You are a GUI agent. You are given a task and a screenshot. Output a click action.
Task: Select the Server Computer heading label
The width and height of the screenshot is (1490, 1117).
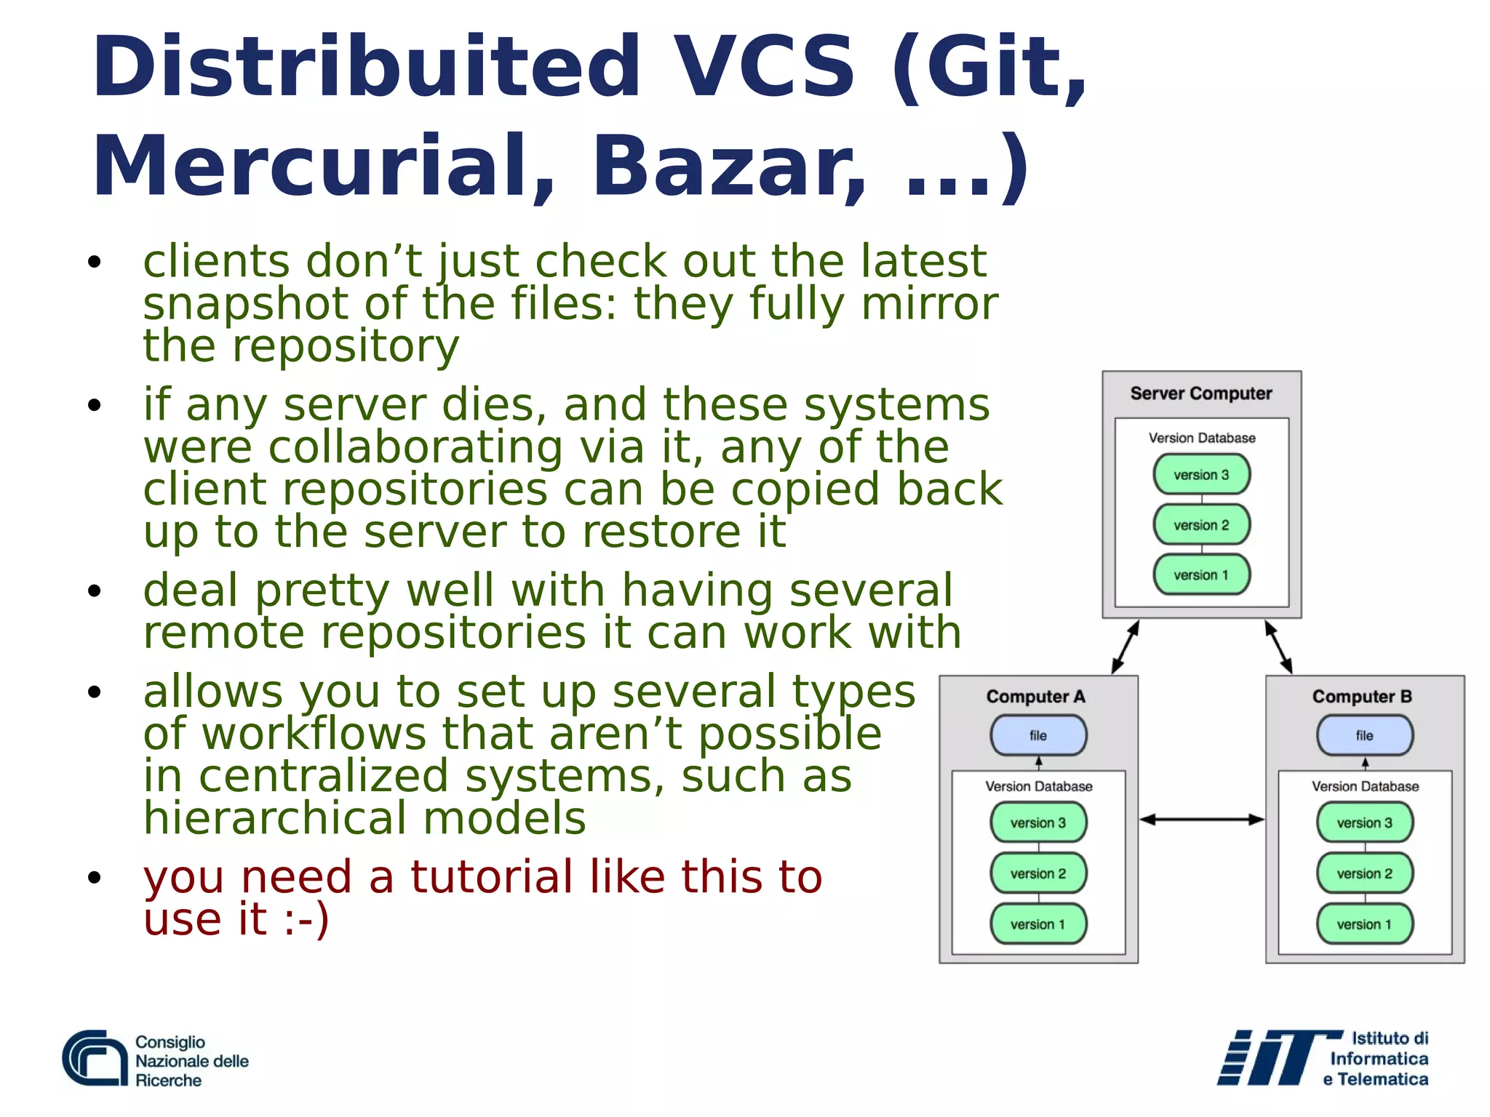pos(1201,393)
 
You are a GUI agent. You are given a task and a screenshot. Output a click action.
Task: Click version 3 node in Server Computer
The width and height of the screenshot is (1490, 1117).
pos(1201,475)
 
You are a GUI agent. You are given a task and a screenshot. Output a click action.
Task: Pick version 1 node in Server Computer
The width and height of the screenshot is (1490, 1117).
pos(1201,575)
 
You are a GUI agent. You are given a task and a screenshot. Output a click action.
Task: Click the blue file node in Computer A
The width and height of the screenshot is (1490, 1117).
pos(1038,735)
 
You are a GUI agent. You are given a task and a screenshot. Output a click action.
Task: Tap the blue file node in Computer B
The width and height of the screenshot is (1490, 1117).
pos(1365,735)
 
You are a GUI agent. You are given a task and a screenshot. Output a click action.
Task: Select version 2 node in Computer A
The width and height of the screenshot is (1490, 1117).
pos(1038,873)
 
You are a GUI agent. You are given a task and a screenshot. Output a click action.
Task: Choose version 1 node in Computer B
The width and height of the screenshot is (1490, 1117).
pos(1365,924)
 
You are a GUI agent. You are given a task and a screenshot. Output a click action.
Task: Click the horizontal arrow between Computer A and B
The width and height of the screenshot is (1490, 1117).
pos(1202,820)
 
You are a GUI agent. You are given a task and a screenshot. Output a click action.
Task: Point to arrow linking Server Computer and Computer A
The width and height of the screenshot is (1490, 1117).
pos(1125,647)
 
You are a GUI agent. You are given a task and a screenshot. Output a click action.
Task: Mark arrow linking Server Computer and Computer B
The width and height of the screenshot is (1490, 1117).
pos(1278,647)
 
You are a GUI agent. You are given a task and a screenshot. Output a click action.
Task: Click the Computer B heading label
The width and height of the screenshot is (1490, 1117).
pos(1362,697)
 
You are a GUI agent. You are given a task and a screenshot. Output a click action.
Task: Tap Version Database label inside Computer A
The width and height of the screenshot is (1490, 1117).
pos(1038,786)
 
